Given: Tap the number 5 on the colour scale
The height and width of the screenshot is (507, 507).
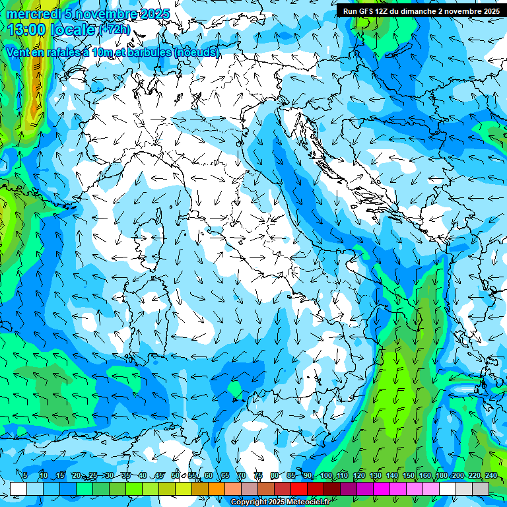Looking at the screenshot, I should pos(24,475).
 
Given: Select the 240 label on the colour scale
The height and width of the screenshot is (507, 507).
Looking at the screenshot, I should pos(490,475).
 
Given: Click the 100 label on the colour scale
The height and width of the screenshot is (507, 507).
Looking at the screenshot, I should pos(325,475).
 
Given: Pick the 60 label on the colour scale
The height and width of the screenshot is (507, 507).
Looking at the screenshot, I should pos(209,475).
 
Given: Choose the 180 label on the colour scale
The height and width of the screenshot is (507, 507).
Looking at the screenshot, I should pos(440,475).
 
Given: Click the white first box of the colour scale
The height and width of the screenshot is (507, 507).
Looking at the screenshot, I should pos(18,489).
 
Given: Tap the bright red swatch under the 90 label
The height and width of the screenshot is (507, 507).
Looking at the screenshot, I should pos(299,489).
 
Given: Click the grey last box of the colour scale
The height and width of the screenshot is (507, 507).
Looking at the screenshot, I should pos(481,489).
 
